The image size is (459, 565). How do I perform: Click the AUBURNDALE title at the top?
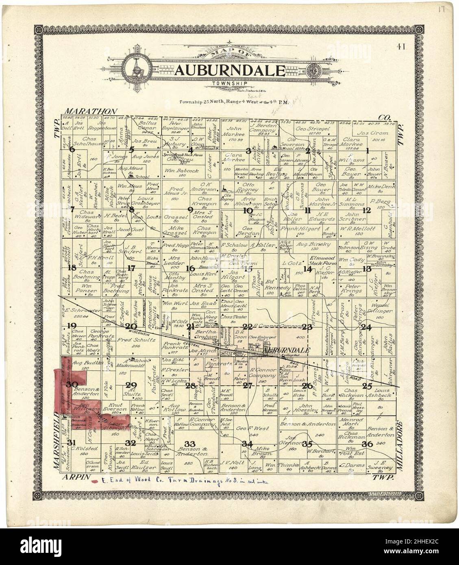pos(230,70)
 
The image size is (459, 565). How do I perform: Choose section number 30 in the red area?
pos(72,385)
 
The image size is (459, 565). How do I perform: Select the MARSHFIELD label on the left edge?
pos(57,439)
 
